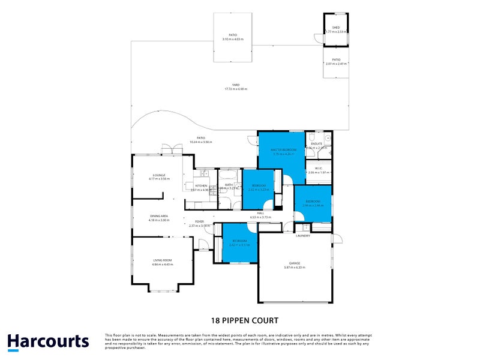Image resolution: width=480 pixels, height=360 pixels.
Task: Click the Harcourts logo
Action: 48,342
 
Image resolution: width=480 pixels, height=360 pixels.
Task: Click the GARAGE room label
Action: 294,263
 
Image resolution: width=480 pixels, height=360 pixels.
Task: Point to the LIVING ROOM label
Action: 162,260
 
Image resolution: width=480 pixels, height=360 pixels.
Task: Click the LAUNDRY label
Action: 302,236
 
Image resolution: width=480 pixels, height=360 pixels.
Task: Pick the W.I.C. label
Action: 319,169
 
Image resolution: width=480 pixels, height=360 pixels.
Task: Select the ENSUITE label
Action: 317,143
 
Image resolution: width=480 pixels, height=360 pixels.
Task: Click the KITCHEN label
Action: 201,185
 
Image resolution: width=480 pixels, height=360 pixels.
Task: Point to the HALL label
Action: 261,213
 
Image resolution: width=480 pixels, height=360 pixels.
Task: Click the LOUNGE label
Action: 159,175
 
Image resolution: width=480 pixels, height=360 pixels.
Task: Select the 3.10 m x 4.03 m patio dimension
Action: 232,39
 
